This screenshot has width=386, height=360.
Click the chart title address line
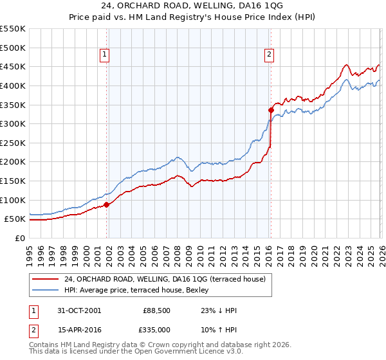click(x=192, y=6)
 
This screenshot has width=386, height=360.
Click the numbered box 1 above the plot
click(x=105, y=55)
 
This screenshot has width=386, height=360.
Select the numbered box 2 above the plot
click(x=269, y=55)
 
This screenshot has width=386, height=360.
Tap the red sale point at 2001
click(x=106, y=204)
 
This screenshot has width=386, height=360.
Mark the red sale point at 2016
click(x=271, y=111)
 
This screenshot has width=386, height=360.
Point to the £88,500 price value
click(x=156, y=310)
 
